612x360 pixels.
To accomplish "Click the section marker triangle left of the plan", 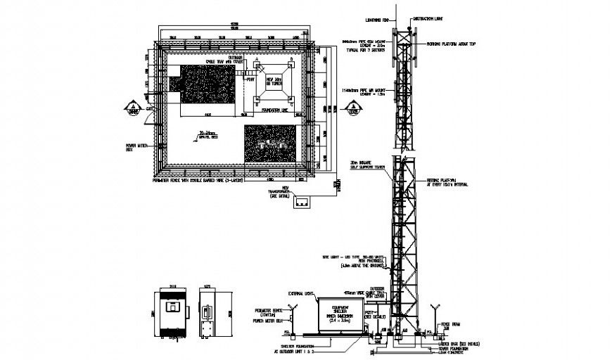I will point(132,108).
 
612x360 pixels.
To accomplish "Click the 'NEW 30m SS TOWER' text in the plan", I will point(272,82).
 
